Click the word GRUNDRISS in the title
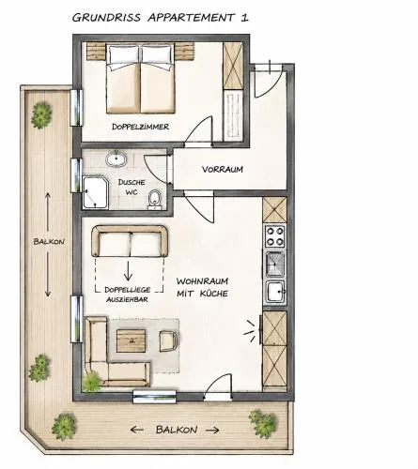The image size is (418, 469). coord(106,18)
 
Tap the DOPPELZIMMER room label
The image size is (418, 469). coord(141,127)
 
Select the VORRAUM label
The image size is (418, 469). coord(223,170)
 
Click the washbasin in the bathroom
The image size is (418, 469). coord(116,159)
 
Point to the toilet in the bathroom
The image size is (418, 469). coord(154,199)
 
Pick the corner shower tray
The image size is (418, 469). coord(95,192)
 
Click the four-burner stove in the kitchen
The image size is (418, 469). coord(274,236)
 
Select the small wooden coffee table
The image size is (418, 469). coord(132,340)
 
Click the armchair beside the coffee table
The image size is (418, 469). coord(168,340)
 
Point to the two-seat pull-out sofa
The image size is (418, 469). coord(130,241)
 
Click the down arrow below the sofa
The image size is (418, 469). coord(128,270)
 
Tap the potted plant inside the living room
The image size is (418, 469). coord(91,382)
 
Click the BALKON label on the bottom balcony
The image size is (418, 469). coord(177,430)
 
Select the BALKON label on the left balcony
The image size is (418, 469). coord(49,241)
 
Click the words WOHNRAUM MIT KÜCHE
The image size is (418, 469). coord(202,287)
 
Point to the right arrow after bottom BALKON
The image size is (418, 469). coord(212,431)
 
